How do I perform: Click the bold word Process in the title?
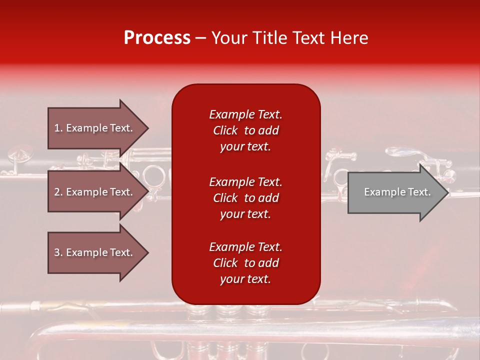[157, 38]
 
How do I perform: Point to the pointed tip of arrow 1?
[147, 128]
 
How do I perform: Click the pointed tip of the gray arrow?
[446, 192]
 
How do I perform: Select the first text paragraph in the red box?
[245, 130]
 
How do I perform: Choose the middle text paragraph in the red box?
[245, 198]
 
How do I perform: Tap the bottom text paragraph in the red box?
[245, 263]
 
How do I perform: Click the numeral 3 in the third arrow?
[57, 252]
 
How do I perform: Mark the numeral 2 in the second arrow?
[57, 192]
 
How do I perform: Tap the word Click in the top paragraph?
[225, 130]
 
